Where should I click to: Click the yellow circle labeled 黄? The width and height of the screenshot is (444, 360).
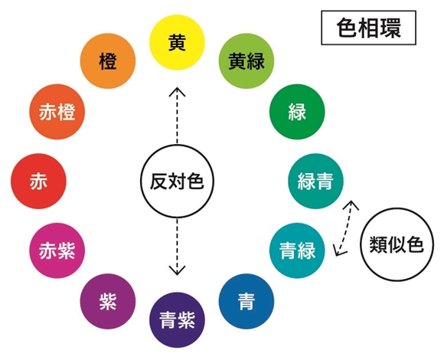(177, 42)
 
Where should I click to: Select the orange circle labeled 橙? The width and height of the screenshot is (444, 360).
(108, 61)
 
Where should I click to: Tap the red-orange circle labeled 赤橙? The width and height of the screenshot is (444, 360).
(57, 112)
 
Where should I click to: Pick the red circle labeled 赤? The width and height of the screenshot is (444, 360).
(38, 182)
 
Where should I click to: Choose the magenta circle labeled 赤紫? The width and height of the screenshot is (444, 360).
(57, 250)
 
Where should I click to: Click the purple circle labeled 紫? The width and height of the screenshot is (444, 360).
(108, 301)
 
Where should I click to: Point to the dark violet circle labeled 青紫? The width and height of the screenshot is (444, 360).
(177, 320)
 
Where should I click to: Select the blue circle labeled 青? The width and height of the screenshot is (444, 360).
(246, 301)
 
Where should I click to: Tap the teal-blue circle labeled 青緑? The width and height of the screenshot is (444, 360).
(297, 250)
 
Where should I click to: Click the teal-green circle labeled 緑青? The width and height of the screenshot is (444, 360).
(315, 182)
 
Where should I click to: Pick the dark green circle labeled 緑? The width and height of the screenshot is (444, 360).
(297, 112)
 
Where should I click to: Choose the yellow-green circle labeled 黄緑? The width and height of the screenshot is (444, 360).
(246, 61)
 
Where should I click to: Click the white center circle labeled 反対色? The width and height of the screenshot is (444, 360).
(177, 182)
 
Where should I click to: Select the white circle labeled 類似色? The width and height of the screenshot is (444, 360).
(397, 244)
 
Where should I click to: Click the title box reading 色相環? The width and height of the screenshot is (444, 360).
(369, 28)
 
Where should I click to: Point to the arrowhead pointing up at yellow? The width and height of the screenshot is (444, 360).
(177, 91)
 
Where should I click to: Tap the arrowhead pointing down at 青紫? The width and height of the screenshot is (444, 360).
(177, 271)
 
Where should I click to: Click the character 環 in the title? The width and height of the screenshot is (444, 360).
(390, 28)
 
